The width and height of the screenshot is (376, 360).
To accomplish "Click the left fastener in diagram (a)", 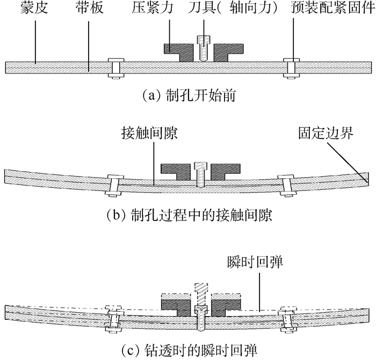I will click(114, 68).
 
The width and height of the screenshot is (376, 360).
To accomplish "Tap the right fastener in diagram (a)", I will click(290, 68).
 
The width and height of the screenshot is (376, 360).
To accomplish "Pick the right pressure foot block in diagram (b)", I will click(223, 171).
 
